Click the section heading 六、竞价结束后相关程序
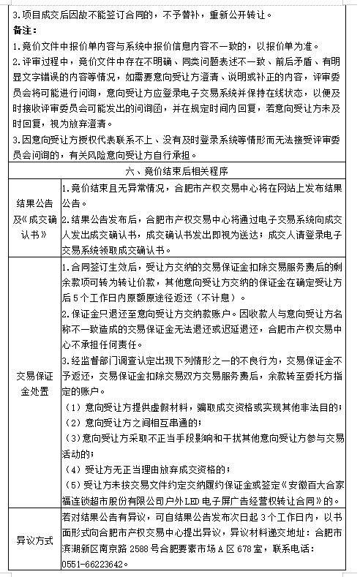[x=180, y=172]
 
